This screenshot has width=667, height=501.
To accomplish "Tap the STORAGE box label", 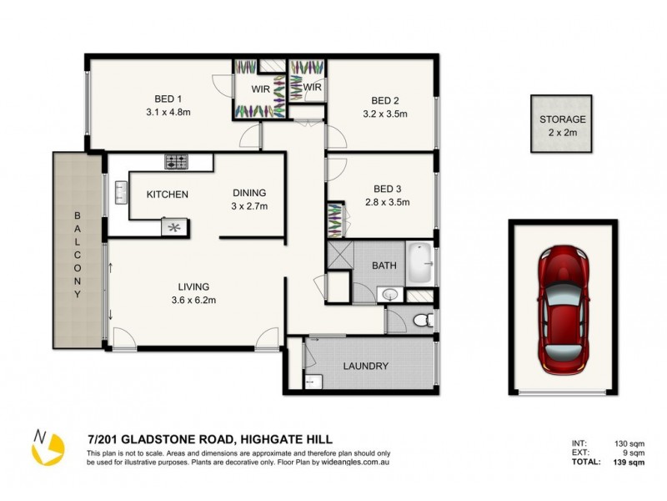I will coord(562,119).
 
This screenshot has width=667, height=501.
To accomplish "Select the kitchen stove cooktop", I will coord(177,161).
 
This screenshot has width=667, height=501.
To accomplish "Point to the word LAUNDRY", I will coord(365,366).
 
